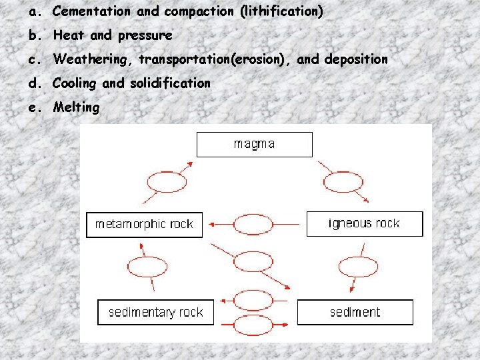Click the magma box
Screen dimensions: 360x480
[x=254, y=144]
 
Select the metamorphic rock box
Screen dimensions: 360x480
[x=144, y=225]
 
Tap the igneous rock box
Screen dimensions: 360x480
[x=364, y=224]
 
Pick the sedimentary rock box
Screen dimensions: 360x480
[x=155, y=312]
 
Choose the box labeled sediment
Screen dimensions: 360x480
[x=355, y=312]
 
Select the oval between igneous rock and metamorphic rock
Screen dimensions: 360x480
[x=253, y=225]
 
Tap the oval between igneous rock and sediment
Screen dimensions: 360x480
[x=358, y=267]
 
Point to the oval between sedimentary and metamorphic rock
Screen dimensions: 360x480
[x=147, y=267]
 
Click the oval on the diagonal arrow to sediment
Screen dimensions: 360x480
[x=253, y=262]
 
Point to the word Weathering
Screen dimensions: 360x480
[x=93, y=59]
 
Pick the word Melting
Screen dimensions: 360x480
[x=76, y=107]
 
